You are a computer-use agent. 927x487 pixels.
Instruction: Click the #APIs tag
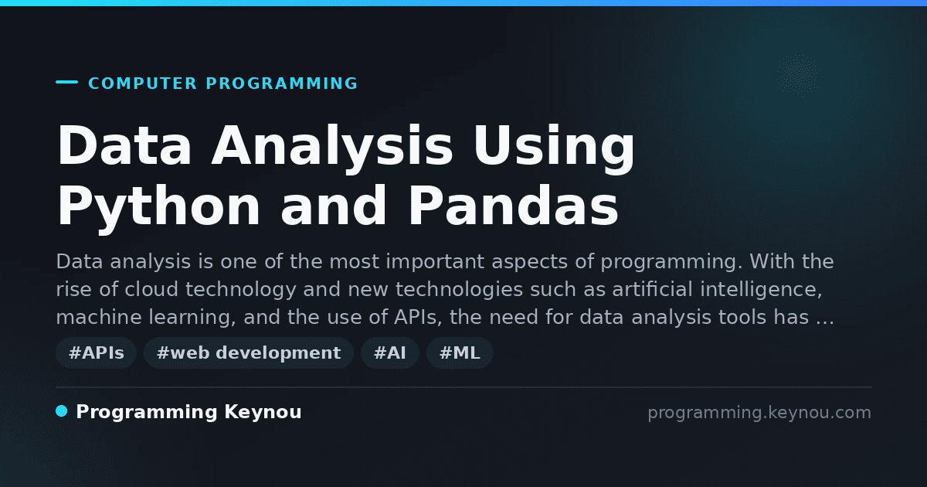(96, 352)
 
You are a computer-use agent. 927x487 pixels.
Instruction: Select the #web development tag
(248, 352)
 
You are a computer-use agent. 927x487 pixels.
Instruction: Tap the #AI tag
(390, 352)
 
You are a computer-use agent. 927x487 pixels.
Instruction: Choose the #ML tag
(460, 352)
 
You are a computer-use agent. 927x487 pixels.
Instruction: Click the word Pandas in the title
(513, 206)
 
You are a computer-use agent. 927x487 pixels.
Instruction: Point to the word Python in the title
(158, 210)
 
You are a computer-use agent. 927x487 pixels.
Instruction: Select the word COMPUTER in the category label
(143, 83)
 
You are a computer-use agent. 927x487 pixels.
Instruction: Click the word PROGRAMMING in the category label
(282, 83)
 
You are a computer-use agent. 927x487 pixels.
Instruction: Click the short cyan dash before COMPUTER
(66, 82)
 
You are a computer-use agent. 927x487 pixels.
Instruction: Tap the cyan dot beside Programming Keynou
(62, 411)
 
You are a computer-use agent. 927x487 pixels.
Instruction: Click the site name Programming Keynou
(188, 412)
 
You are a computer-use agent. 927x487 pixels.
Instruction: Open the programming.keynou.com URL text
(759, 413)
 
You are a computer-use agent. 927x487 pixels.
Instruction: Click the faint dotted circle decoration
(799, 76)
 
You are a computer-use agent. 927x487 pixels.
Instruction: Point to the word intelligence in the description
(761, 289)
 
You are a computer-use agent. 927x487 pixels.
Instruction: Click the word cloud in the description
(151, 289)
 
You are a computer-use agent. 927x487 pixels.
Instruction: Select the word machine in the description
(99, 317)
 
